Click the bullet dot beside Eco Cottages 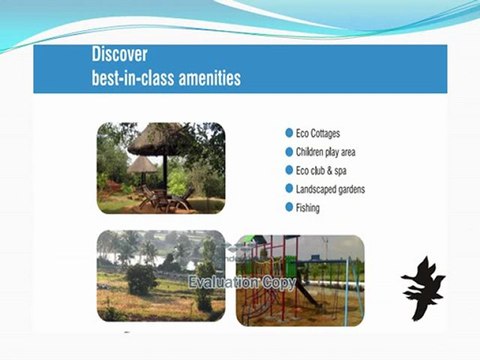pos(288,132)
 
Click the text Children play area pos(326,151)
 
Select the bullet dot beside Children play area pos(288,151)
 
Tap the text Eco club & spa pos(322,170)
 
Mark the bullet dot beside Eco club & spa pos(288,170)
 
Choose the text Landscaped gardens pos(331,189)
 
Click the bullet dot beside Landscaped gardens pos(288,189)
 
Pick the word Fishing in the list pos(309,208)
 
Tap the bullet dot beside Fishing pos(288,208)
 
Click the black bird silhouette pos(423,286)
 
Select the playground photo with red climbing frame pos(300,280)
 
